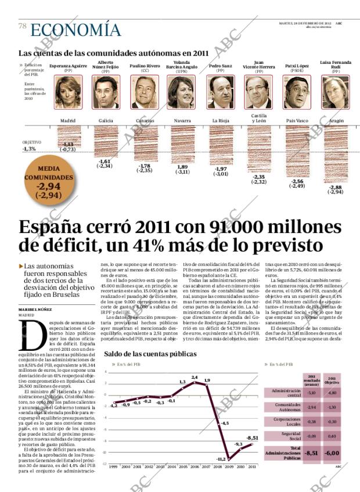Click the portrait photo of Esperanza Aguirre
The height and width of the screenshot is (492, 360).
(68, 92)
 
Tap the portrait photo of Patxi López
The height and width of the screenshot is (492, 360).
(297, 92)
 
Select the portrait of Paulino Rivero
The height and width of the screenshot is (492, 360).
(144, 92)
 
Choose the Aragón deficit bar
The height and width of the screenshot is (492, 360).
(335, 154)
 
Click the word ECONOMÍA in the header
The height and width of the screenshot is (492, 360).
(75, 30)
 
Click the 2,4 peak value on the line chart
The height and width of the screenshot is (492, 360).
(195, 377)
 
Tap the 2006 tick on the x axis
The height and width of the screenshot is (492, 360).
(195, 466)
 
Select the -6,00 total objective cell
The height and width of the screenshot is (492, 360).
(331, 453)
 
